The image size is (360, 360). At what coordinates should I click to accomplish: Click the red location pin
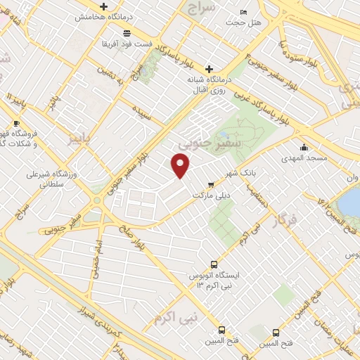181,165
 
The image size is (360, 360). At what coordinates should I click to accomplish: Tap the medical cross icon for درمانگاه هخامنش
103,6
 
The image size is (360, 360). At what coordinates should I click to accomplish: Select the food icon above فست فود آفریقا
126,33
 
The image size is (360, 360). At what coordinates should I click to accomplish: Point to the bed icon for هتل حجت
243,12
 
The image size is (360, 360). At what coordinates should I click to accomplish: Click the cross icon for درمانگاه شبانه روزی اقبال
209,68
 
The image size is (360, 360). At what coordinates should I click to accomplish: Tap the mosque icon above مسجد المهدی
304,148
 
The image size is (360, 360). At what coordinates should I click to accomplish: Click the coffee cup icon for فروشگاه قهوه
15,121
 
